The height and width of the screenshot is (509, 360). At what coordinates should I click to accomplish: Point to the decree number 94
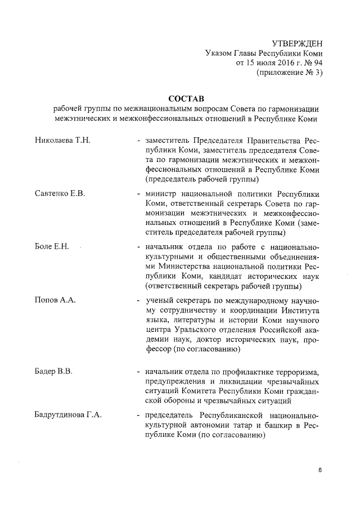(x=318, y=62)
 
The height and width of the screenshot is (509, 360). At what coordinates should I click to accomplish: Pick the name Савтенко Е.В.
(x=60, y=193)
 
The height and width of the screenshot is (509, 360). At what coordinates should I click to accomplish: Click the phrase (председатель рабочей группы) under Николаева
(x=202, y=179)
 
